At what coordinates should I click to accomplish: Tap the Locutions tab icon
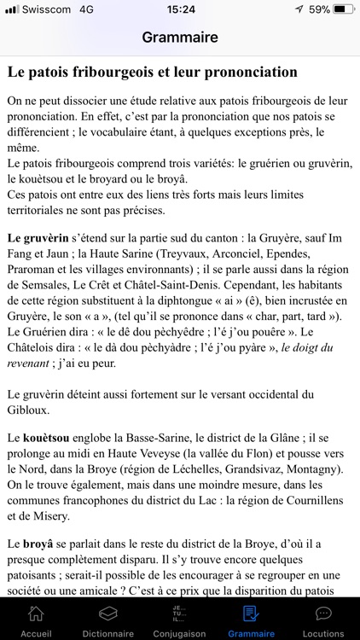(x=323, y=614)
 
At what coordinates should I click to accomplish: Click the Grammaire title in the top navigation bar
(x=180, y=38)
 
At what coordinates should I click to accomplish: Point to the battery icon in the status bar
(x=343, y=9)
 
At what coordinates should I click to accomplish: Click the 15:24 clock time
(x=180, y=9)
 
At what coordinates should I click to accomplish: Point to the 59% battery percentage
(x=320, y=9)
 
